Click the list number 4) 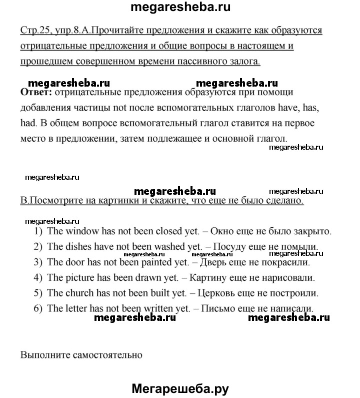click(x=38, y=277)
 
